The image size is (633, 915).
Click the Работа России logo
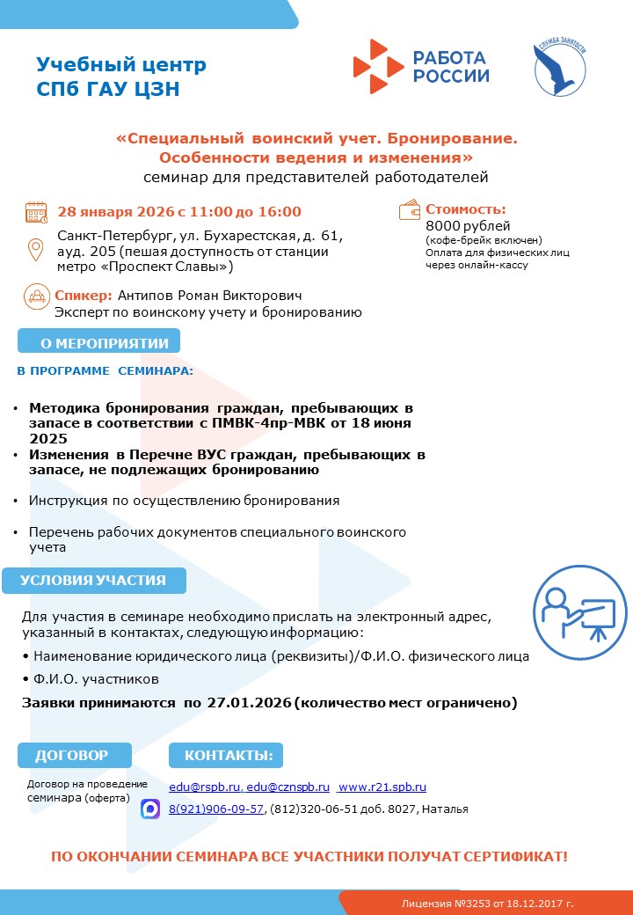pyautogui.click(x=421, y=66)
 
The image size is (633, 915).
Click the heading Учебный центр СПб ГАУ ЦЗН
pyautogui.click(x=121, y=77)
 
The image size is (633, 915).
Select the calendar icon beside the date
pyautogui.click(x=36, y=212)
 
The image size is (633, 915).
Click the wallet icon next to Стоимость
pyautogui.click(x=411, y=210)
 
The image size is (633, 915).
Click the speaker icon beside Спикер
pyautogui.click(x=36, y=296)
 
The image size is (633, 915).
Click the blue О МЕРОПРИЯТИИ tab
pyautogui.click(x=98, y=341)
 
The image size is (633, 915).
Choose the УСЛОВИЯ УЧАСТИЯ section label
pyautogui.click(x=93, y=581)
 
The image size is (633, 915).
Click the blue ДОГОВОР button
pyautogui.click(x=74, y=755)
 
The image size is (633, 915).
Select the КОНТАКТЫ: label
pyautogui.click(x=226, y=755)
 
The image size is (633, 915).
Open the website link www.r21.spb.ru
pyautogui.click(x=382, y=787)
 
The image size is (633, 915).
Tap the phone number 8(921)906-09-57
pyautogui.click(x=216, y=809)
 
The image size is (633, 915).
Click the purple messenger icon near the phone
pyautogui.click(x=150, y=809)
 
